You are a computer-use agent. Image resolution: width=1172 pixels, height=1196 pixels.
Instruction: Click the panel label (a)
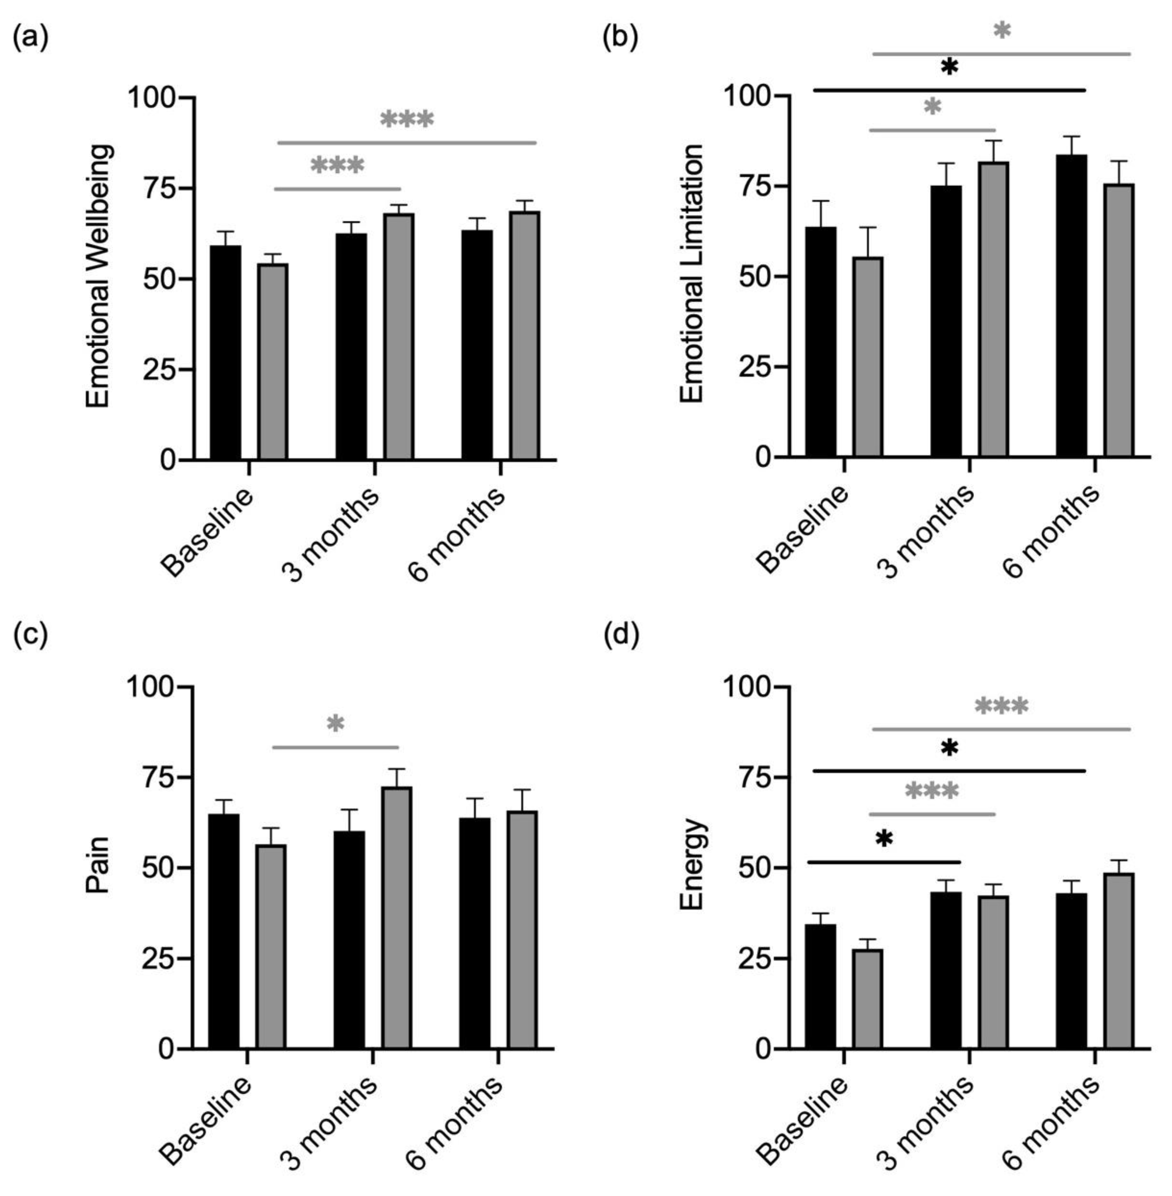pos(30,38)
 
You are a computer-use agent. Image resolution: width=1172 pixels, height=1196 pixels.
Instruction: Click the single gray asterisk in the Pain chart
pos(335,724)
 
